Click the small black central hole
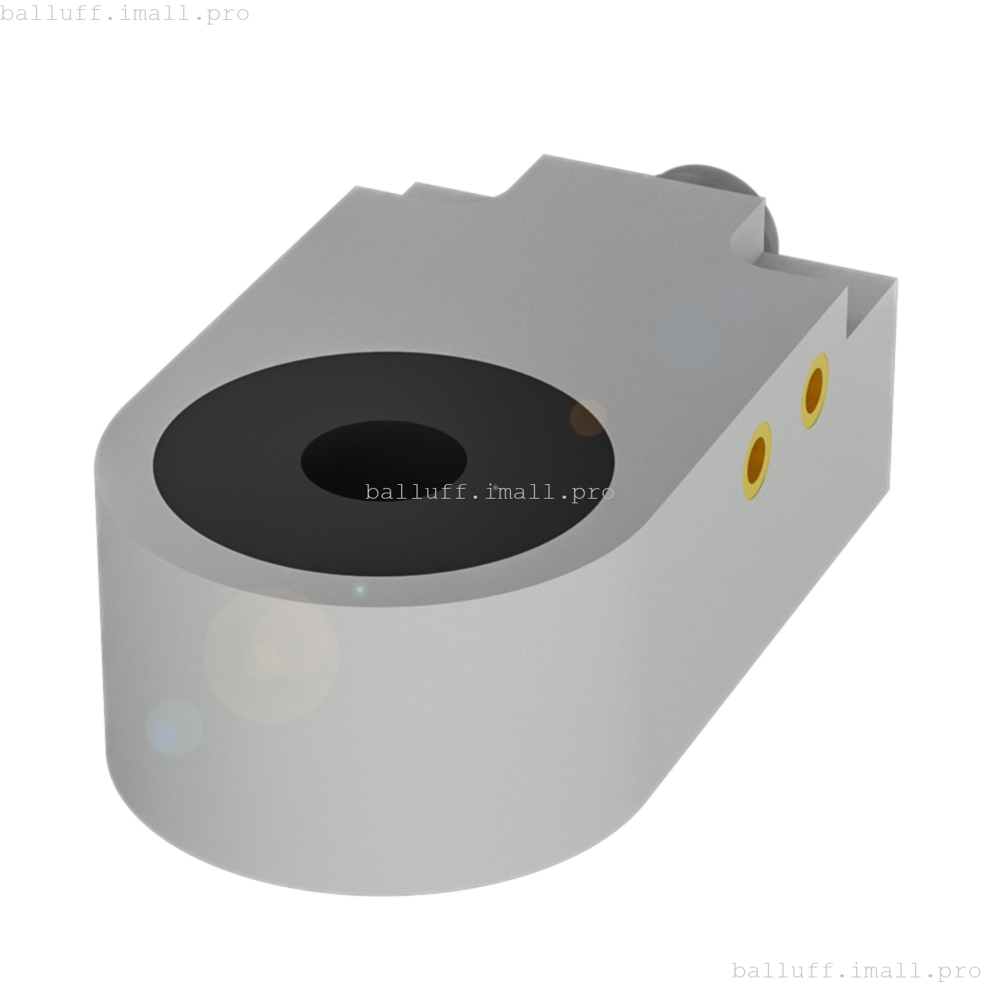coord(384,460)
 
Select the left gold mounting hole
coord(756,460)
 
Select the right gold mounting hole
coord(815,390)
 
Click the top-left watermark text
coord(124,13)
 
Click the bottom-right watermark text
coord(856,970)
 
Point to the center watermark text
coord(489,492)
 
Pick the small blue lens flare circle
coord(174,728)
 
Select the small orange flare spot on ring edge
coord(588,418)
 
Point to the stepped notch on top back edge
coord(453,189)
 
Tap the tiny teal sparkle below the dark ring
coord(359,590)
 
